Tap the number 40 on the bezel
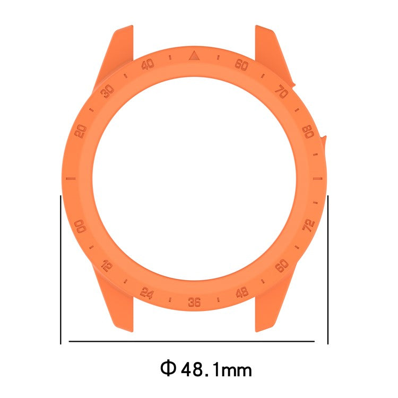[x=148, y=65]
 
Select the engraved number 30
[x=108, y=91]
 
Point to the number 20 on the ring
[x=81, y=131]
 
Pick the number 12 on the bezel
[x=106, y=265]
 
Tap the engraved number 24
[x=147, y=292]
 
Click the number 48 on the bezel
[x=242, y=292]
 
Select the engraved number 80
[x=307, y=131]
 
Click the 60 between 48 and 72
[x=282, y=265]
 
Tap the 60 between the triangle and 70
[x=242, y=65]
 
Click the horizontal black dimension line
[x=192, y=341]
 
